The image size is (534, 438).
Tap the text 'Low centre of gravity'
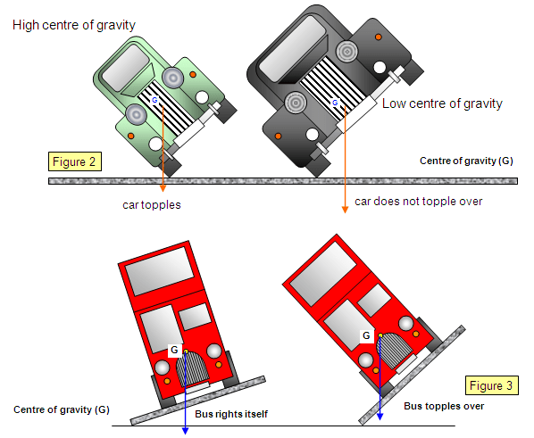[x=442, y=104]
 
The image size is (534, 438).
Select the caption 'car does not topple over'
[x=418, y=201]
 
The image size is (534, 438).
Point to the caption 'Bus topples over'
[x=443, y=406]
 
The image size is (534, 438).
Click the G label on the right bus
[x=367, y=336]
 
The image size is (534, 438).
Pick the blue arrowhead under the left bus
[x=185, y=430]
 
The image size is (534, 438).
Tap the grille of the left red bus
[x=193, y=368]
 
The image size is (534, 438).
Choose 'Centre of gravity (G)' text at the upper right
[x=467, y=161]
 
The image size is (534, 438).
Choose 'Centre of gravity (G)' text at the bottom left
[x=62, y=409]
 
